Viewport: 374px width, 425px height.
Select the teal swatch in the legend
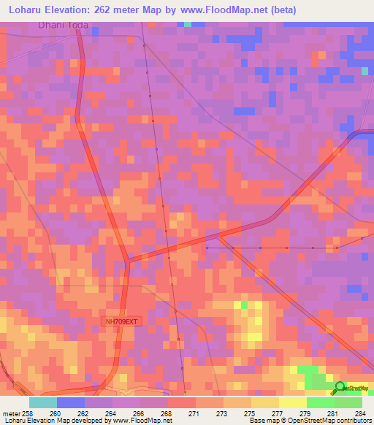(x=43, y=402)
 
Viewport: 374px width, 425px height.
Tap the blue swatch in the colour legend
(x=71, y=402)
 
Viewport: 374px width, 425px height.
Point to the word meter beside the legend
(x=12, y=413)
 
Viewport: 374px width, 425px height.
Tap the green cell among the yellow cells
(x=244, y=304)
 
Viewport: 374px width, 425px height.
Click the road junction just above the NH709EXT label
(x=129, y=259)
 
